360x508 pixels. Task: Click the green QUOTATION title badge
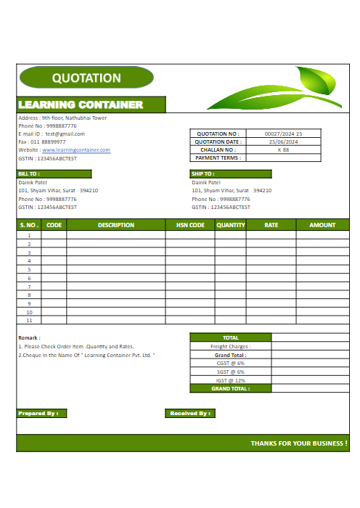(86, 78)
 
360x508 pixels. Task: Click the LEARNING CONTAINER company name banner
(81, 105)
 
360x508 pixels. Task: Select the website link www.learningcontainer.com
(76, 149)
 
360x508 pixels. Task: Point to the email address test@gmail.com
(65, 134)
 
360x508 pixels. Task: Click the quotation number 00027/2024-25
(283, 134)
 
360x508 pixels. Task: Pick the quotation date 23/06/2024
(283, 142)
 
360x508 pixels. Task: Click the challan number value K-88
(283, 149)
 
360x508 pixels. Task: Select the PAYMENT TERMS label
(217, 157)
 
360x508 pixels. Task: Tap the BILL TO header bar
(54, 174)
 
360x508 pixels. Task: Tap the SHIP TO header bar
(230, 174)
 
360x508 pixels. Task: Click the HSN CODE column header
(190, 225)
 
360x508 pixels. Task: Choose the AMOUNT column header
(322, 225)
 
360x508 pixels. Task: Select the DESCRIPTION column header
(116, 225)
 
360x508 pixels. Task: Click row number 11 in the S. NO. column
(29, 320)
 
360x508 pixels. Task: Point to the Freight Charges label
(230, 347)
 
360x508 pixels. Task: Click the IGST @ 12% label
(230, 380)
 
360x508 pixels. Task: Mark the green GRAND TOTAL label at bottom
(230, 388)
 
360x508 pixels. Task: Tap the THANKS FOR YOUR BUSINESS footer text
(298, 443)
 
